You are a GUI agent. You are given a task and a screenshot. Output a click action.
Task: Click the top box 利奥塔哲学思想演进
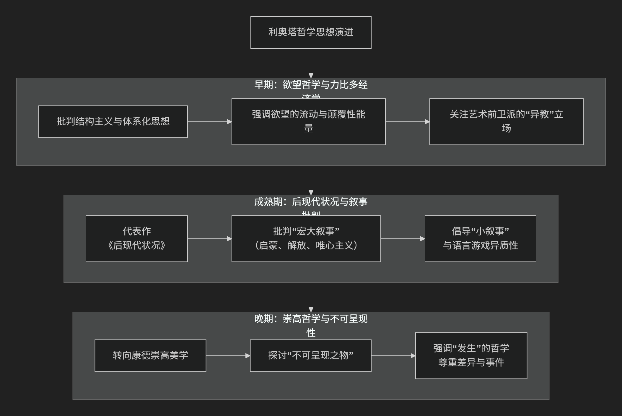click(311, 32)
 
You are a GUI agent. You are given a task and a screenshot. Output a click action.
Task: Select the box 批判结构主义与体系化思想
click(113, 121)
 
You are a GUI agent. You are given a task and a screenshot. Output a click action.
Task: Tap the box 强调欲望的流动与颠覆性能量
click(308, 121)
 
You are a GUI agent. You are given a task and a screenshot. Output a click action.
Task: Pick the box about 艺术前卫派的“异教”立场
click(506, 121)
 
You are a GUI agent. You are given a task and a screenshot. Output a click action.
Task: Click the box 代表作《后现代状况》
click(136, 238)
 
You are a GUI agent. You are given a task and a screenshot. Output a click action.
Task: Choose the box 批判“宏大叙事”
click(306, 238)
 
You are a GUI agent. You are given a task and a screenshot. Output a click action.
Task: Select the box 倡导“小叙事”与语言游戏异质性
click(480, 238)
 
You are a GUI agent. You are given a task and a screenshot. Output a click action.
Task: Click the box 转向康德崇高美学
click(150, 355)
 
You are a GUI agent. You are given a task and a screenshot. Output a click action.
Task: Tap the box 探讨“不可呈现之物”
click(310, 355)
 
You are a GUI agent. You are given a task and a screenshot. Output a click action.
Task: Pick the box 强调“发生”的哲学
click(471, 355)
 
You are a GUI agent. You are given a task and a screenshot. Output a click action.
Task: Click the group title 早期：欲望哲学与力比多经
click(311, 85)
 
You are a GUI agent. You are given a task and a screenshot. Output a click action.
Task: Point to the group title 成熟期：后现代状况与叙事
click(311, 202)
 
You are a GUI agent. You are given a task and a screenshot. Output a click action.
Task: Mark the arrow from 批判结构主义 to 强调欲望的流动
click(209, 121)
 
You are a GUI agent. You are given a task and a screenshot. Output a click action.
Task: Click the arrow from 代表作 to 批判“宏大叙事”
click(209, 238)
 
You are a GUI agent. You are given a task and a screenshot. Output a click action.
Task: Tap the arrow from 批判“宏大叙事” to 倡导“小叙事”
click(403, 238)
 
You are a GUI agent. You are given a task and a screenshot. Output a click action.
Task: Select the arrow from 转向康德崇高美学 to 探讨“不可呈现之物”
click(228, 355)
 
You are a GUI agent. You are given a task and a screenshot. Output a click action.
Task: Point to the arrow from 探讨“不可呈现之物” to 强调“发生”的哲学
click(393, 355)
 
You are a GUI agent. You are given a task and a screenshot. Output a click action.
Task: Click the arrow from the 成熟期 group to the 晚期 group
click(311, 297)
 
